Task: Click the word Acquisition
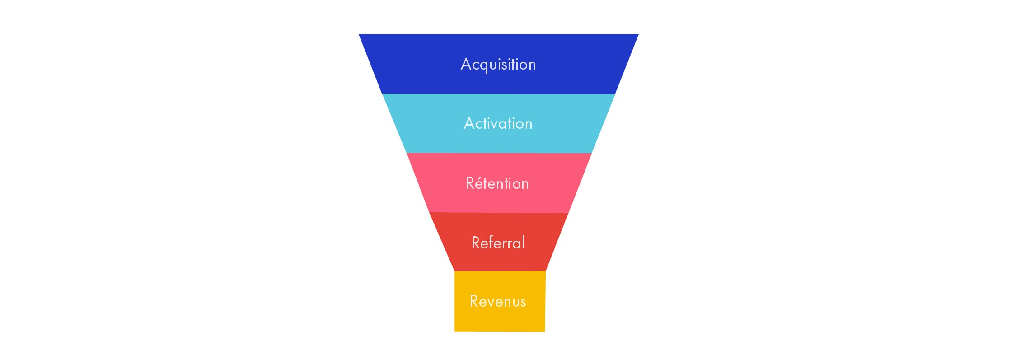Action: click(x=498, y=64)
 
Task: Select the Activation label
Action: click(x=498, y=123)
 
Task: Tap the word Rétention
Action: click(x=497, y=183)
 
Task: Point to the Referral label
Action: click(x=498, y=242)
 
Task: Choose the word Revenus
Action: click(x=498, y=301)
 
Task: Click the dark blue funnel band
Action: click(x=499, y=64)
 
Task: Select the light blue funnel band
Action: click(x=499, y=123)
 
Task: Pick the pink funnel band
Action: click(x=499, y=183)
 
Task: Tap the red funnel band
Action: click(x=499, y=242)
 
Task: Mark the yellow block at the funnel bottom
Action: click(x=500, y=301)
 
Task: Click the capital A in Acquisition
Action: click(x=466, y=64)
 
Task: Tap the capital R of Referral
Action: click(x=476, y=243)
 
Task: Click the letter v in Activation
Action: click(x=495, y=125)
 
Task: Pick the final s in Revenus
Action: click(x=523, y=303)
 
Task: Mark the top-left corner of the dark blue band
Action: click(x=359, y=34)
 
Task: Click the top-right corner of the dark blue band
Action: click(x=639, y=34)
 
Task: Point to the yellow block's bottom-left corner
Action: click(x=454, y=331)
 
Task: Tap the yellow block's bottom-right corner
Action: click(x=545, y=332)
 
